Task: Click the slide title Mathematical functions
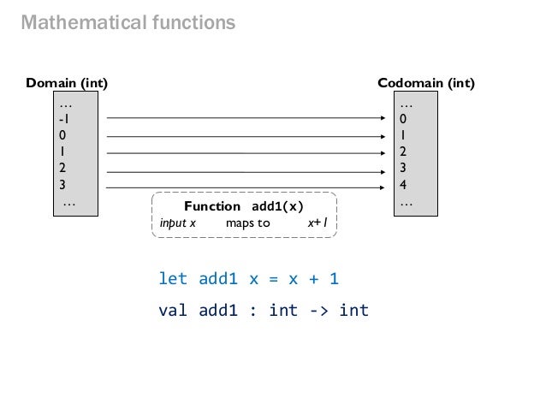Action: [128, 23]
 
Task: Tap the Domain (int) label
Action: [67, 84]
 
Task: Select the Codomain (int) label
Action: [426, 84]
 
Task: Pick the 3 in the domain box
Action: [62, 184]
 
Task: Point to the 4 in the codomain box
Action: [403, 184]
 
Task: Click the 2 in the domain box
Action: [62, 168]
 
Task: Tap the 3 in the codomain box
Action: [403, 168]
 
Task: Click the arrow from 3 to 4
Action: [244, 187]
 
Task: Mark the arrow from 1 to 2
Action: [244, 153]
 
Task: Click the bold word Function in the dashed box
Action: [212, 207]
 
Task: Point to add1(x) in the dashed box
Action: [277, 207]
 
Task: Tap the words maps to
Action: [247, 223]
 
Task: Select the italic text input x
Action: [178, 223]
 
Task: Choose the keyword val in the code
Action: [173, 310]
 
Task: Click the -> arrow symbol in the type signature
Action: [318, 310]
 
